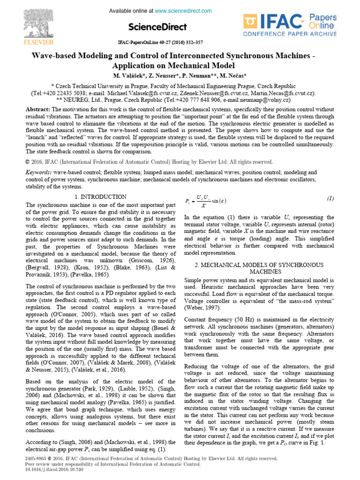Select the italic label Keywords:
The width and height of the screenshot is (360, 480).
pos(40,172)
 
